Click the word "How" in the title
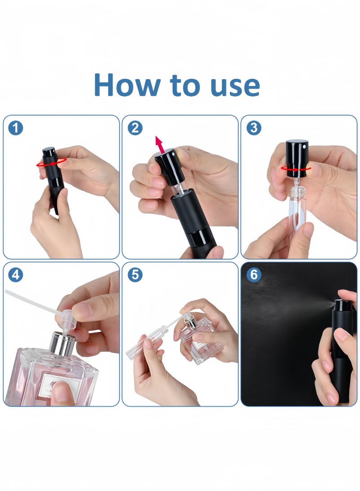[x=127, y=85]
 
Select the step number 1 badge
[x=15, y=128]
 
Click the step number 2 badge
[x=135, y=128]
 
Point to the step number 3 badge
[x=253, y=128]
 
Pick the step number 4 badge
[x=15, y=275]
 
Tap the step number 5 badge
[x=135, y=275]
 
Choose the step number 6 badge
[x=253, y=275]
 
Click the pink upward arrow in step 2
[x=160, y=144]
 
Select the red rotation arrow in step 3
[x=296, y=168]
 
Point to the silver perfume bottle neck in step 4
[x=62, y=343]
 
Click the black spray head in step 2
[x=169, y=166]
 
